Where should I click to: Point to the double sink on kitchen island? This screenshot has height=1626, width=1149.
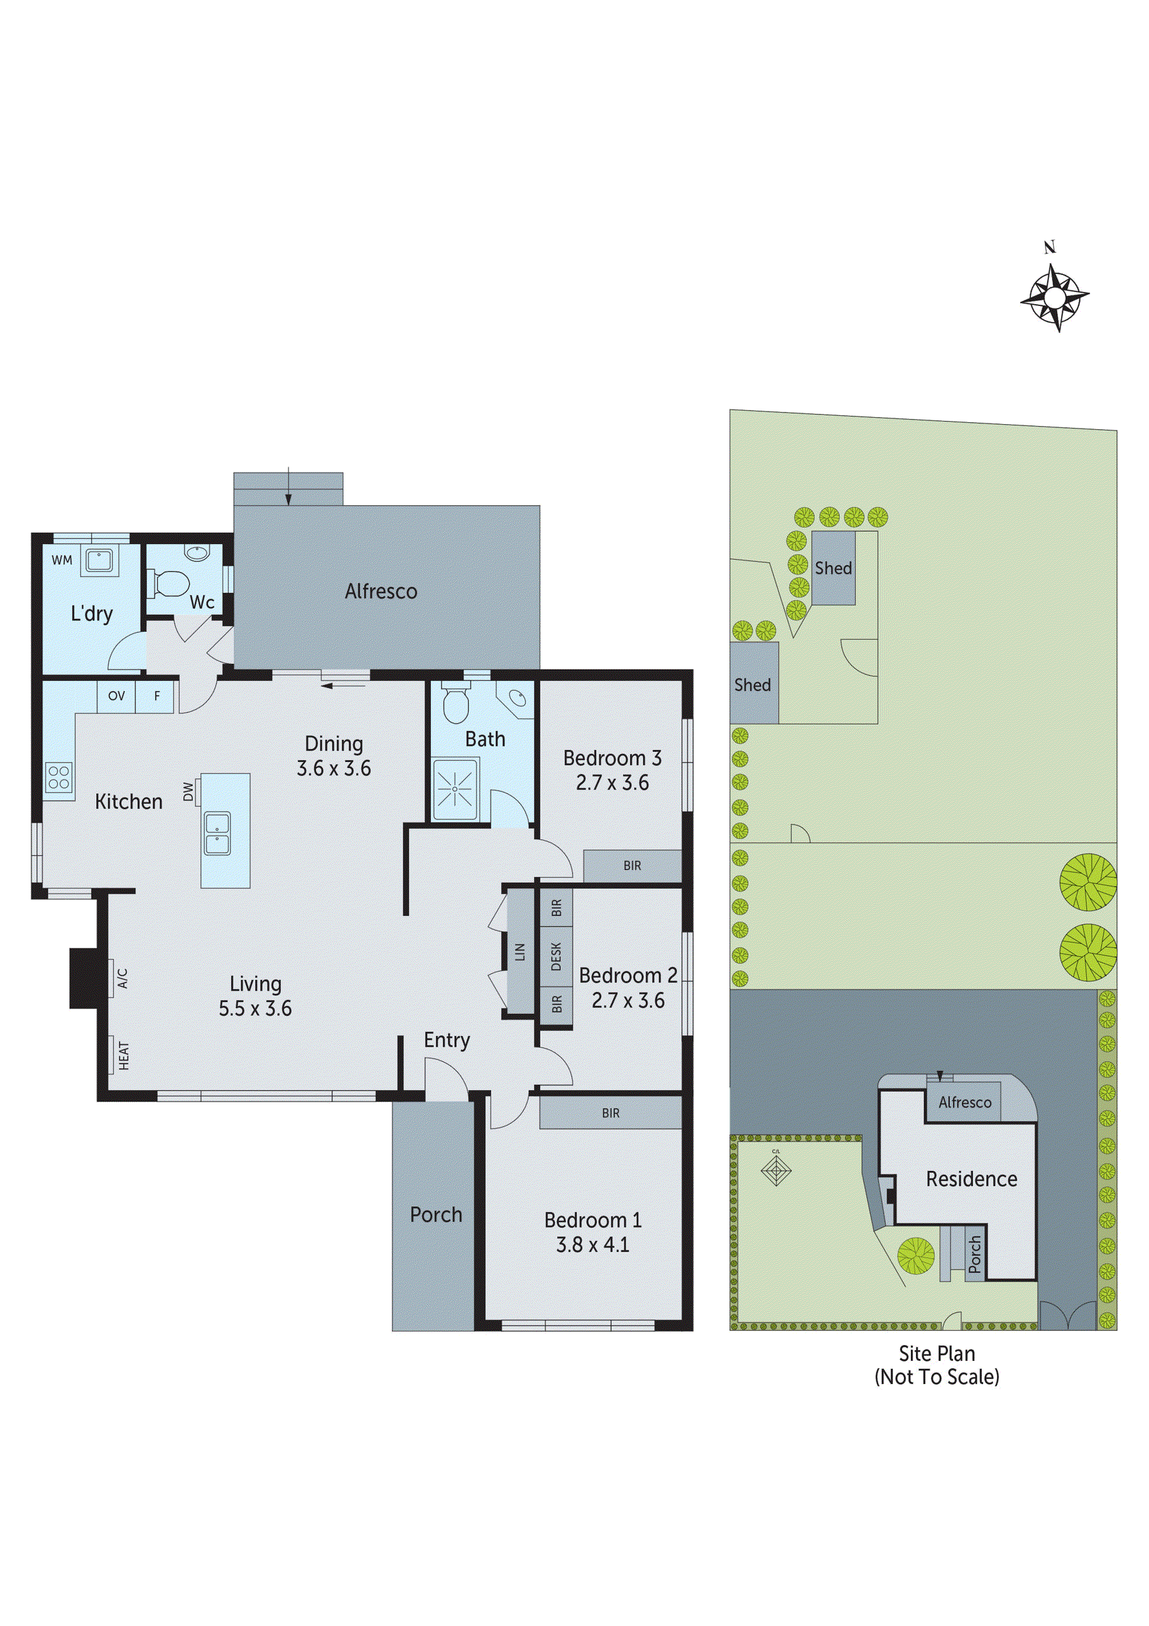point(216,833)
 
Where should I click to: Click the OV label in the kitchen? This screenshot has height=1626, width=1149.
point(116,696)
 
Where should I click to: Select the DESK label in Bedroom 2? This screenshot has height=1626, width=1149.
point(556,956)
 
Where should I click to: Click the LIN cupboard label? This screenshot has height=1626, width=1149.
point(520,952)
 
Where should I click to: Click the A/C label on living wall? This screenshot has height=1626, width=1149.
point(122,978)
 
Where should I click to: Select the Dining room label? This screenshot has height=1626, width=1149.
point(333,743)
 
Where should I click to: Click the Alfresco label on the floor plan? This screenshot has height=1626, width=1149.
point(381,591)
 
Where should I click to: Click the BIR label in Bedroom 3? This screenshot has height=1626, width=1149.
point(632,865)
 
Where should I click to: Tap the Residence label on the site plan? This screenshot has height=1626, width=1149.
point(972,1179)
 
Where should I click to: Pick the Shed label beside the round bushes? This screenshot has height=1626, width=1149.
point(832,568)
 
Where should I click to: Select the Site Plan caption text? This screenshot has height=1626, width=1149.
point(936,1354)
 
